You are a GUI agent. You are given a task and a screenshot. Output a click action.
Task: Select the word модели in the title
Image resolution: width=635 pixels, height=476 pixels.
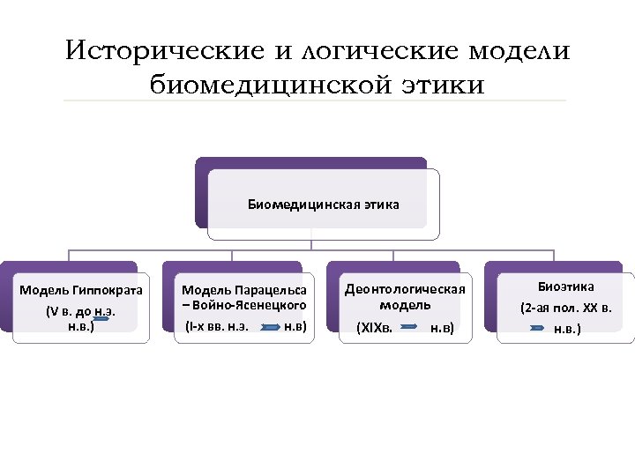pos(519,51)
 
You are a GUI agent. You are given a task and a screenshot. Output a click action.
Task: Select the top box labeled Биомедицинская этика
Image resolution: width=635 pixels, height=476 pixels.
pos(323,205)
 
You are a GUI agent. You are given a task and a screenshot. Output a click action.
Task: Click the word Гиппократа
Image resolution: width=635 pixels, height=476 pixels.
pos(108,290)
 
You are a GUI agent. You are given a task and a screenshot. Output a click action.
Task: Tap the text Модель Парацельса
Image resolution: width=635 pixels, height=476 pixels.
pos(244,289)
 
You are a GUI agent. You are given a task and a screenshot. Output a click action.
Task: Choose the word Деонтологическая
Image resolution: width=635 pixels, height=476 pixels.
pos(405,289)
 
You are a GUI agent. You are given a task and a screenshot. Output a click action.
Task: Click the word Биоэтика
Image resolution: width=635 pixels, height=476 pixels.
pos(566,286)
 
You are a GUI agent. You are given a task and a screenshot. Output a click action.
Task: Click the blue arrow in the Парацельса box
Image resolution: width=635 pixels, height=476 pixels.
pos(270,327)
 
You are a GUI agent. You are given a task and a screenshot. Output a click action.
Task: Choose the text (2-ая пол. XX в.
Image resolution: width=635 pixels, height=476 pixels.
pos(565,309)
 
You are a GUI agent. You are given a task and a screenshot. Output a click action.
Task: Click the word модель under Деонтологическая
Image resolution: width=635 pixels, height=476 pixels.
pos(405,305)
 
